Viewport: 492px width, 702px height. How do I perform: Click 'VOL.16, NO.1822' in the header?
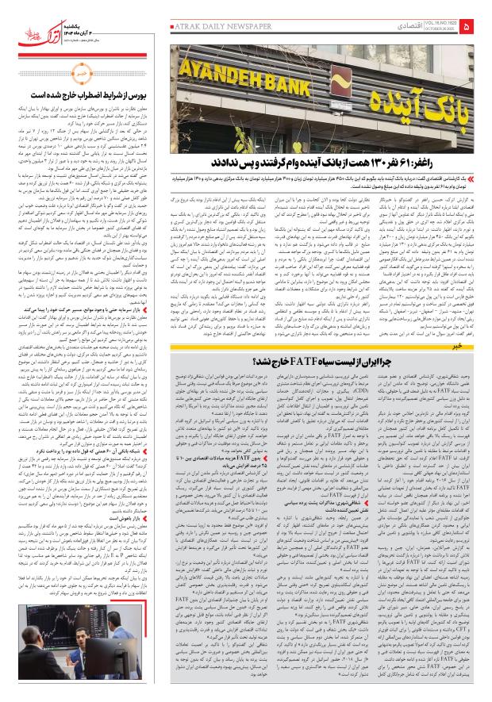[x=439, y=24]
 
